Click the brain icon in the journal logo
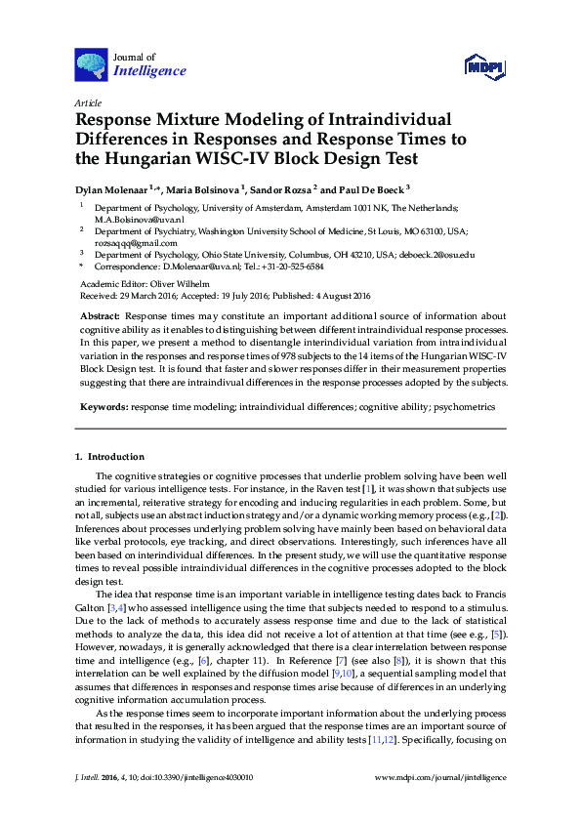(91, 64)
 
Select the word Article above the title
(88, 103)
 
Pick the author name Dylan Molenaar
(118, 188)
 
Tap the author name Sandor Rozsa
(284, 188)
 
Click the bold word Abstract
(99, 317)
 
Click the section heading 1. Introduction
(109, 456)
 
